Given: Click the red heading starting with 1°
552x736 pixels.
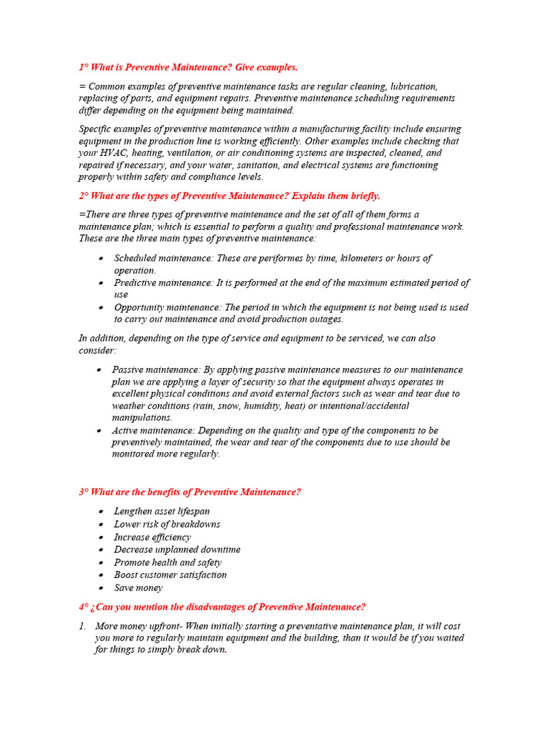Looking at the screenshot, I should tap(188, 67).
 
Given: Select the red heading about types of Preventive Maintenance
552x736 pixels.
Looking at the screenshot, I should tap(229, 195).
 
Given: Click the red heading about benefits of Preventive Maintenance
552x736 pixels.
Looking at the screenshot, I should tap(190, 492).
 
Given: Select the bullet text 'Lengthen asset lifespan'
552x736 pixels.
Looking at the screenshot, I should tap(162, 511).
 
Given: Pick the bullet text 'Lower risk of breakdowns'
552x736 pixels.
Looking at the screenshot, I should tap(167, 524).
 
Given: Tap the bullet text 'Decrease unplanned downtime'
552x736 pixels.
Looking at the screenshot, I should tap(177, 549).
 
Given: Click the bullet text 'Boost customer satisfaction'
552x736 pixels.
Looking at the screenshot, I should tap(170, 574).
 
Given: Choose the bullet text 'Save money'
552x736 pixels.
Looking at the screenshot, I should tap(138, 587).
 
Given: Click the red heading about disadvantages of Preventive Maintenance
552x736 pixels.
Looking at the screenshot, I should tap(222, 607).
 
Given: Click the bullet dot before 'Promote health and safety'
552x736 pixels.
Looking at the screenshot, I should tap(101, 562).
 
